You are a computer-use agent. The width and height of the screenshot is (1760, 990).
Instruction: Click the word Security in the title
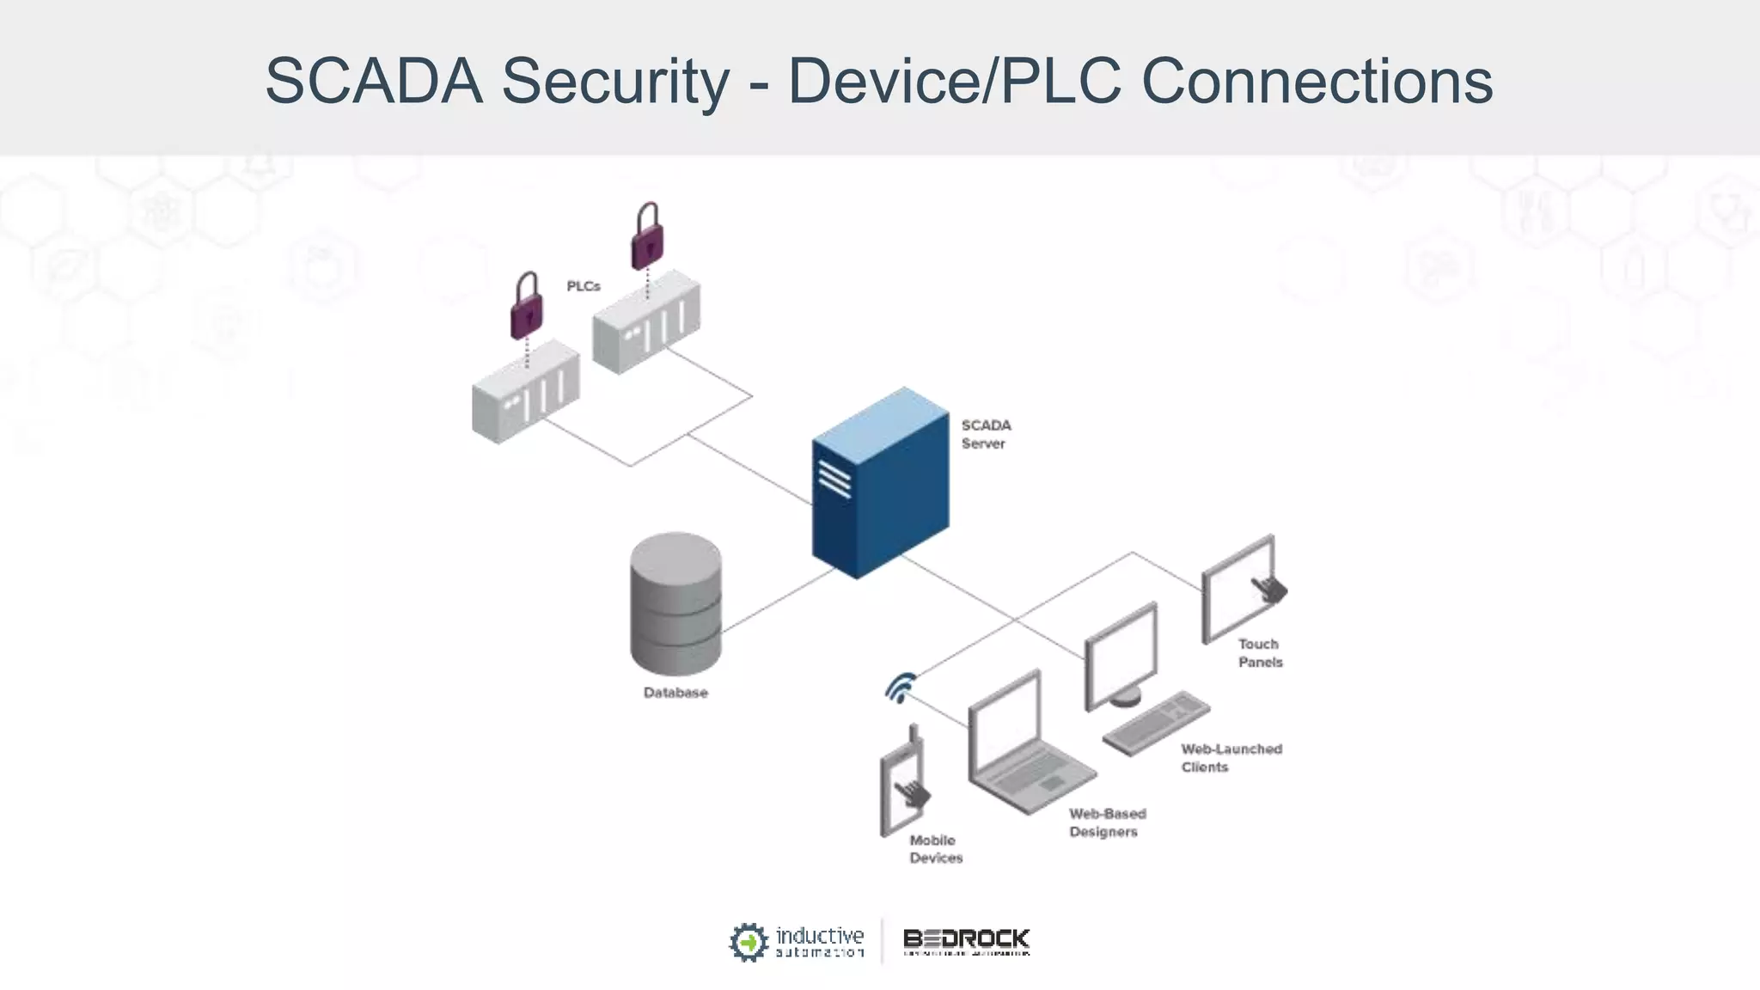[x=614, y=82]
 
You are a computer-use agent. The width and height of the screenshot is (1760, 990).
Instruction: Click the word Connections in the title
[x=1317, y=82]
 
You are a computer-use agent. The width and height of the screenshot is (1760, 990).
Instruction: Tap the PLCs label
[x=583, y=286]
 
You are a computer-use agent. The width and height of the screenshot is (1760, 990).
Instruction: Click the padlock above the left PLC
[x=527, y=307]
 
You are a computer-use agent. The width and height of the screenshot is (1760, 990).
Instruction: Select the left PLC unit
[x=525, y=393]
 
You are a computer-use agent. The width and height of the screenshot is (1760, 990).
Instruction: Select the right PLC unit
[x=646, y=322]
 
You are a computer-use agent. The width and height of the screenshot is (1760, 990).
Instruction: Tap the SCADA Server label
[x=985, y=434]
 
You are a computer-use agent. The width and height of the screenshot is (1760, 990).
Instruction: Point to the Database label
[x=675, y=693]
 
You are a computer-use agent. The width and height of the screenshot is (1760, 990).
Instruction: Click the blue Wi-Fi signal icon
[x=900, y=687]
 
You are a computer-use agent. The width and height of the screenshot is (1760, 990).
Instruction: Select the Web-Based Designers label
[x=1107, y=822]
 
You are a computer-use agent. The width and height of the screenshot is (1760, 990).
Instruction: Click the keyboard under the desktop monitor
[x=1156, y=723]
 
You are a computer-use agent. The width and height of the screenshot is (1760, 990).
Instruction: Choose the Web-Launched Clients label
[x=1231, y=758]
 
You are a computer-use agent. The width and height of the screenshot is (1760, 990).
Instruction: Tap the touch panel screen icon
[x=1240, y=589]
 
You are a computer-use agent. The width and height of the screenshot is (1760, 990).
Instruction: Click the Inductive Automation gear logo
[x=748, y=942]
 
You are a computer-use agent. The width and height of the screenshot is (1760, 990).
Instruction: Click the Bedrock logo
[x=966, y=941]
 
